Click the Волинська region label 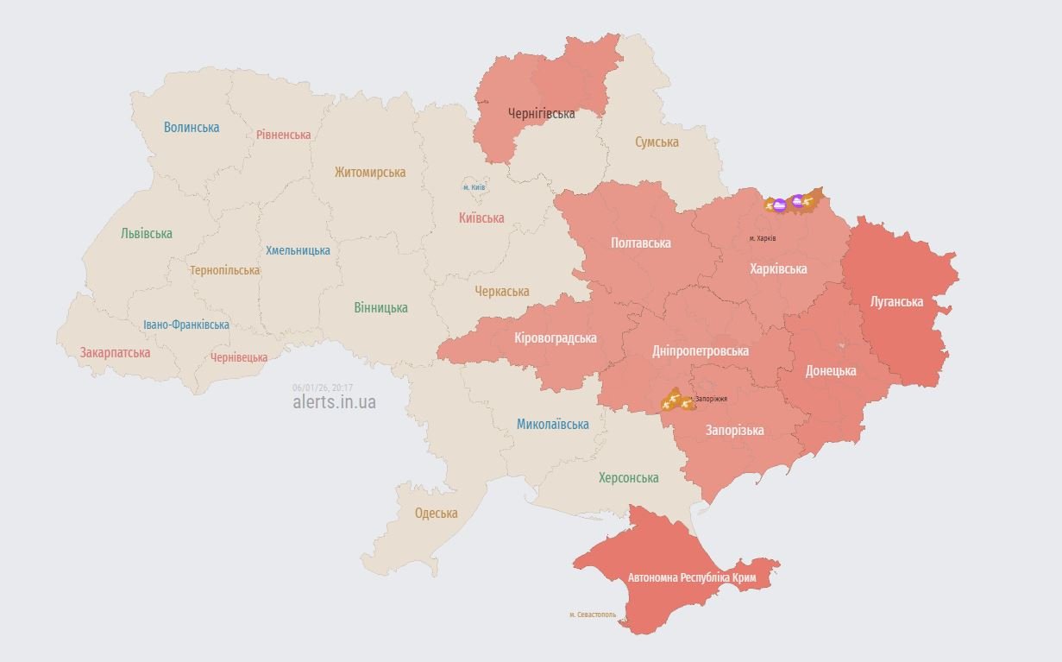[192, 128]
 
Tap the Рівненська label [283, 135]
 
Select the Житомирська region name [370, 172]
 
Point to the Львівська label [147, 233]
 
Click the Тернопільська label [224, 270]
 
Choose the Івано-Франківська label [186, 325]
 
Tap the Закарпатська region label [115, 353]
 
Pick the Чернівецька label [239, 357]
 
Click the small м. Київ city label [474, 187]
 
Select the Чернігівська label [541, 113]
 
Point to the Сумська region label [657, 142]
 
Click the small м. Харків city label [763, 238]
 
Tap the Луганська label [896, 302]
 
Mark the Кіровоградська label [555, 337]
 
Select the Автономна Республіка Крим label [692, 577]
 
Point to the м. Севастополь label [593, 615]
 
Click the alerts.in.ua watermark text [334, 402]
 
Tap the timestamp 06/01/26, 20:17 [322, 388]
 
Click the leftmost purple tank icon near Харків [779, 205]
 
